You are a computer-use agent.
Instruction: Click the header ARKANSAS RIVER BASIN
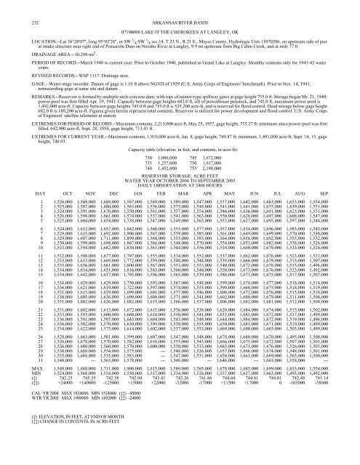[180, 8]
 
